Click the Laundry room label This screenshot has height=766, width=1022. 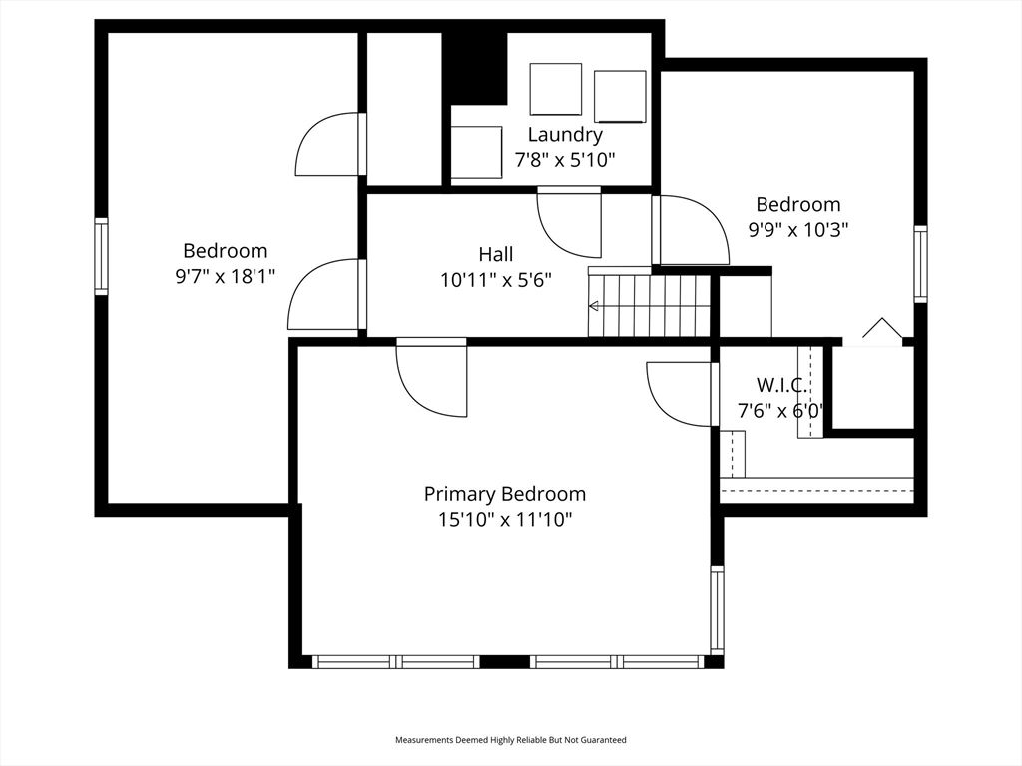[565, 135]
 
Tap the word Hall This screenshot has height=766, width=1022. [496, 255]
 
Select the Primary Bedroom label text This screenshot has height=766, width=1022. [504, 494]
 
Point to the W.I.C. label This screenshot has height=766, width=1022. [781, 385]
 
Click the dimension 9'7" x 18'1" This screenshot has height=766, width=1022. [225, 276]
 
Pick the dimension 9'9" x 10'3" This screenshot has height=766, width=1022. [797, 229]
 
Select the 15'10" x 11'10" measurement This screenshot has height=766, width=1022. [504, 519]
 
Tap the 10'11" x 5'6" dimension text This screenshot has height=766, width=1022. [496, 280]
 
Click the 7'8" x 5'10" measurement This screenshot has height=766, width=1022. [565, 159]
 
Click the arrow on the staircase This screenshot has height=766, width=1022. [595, 306]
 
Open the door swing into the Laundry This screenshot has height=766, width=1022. [570, 221]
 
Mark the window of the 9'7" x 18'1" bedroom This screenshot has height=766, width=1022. [101, 256]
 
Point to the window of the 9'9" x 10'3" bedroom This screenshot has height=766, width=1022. [920, 264]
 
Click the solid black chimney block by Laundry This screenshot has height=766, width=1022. [475, 68]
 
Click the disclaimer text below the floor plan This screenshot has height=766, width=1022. [510, 740]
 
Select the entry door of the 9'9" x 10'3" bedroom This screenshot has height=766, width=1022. [691, 230]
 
